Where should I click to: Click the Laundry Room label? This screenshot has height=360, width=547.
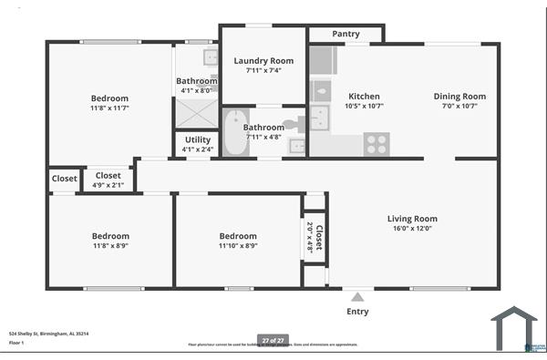(x=263, y=61)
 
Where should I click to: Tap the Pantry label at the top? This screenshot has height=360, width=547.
(x=346, y=34)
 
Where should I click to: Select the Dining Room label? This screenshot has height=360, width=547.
(x=459, y=97)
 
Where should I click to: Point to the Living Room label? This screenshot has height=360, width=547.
(x=412, y=219)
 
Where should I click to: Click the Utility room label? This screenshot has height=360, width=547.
(x=197, y=139)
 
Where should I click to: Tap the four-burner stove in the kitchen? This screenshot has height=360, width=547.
(x=376, y=144)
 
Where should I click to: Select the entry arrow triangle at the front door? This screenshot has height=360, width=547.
(x=357, y=295)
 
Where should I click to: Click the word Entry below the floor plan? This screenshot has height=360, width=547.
(x=357, y=312)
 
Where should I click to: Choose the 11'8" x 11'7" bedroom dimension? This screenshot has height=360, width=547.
(x=110, y=108)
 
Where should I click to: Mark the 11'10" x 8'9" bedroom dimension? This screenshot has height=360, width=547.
(x=238, y=246)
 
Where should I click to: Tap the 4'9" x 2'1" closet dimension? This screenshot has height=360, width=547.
(x=108, y=185)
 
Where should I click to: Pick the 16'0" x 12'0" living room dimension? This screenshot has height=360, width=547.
(x=412, y=229)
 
